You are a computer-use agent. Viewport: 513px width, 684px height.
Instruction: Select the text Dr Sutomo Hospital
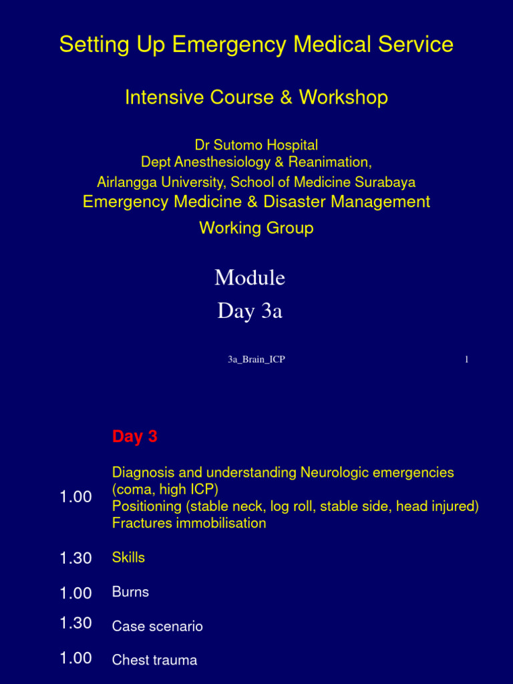pyautogui.click(x=256, y=145)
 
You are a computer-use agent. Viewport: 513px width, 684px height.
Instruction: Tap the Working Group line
pyautogui.click(x=256, y=228)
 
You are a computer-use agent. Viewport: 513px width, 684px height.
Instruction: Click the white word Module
pyautogui.click(x=250, y=277)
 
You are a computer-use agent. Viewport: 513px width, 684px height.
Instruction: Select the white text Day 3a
pyautogui.click(x=250, y=311)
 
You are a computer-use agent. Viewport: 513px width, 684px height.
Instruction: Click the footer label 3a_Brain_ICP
pyautogui.click(x=256, y=360)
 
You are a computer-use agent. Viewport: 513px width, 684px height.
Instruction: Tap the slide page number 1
pyautogui.click(x=466, y=360)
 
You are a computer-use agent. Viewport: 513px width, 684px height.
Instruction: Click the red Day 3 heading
pyautogui.click(x=135, y=437)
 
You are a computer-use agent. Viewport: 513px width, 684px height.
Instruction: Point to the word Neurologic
pyautogui.click(x=334, y=473)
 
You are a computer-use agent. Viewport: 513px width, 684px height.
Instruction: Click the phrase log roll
pyautogui.click(x=292, y=506)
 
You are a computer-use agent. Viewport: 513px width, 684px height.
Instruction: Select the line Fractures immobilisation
pyautogui.click(x=189, y=523)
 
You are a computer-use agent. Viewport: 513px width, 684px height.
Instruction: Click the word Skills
pyautogui.click(x=128, y=558)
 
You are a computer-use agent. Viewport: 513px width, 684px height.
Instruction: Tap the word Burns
pyautogui.click(x=130, y=592)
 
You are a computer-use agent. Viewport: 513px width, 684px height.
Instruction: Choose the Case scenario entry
pyautogui.click(x=158, y=627)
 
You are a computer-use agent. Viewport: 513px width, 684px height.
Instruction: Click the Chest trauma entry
pyautogui.click(x=155, y=661)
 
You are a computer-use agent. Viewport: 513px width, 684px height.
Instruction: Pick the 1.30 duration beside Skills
pyautogui.click(x=75, y=558)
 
